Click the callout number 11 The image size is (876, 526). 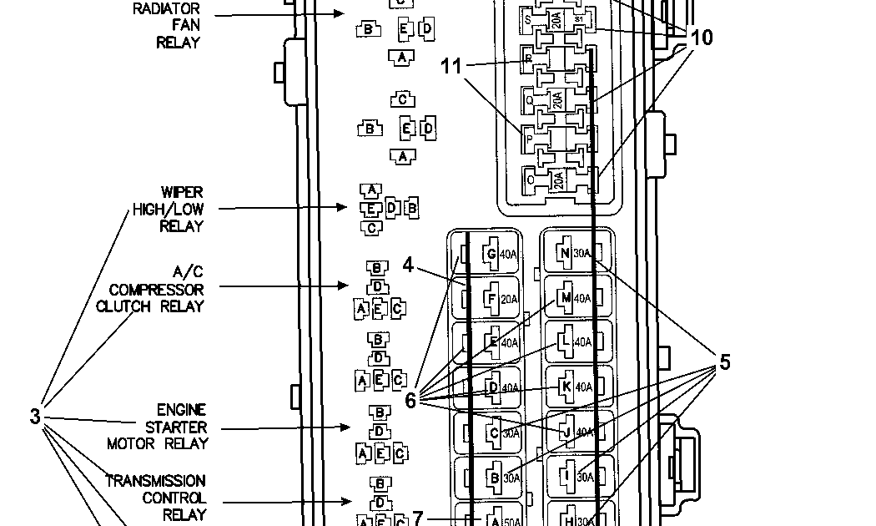(x=451, y=67)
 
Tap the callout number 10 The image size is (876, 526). (x=702, y=38)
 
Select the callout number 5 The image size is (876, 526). (x=724, y=362)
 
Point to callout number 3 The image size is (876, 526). (x=35, y=415)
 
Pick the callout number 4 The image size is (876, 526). (x=408, y=265)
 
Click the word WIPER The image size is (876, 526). (x=183, y=192)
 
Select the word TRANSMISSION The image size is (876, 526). (x=155, y=481)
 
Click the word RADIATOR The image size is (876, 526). (x=166, y=8)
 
